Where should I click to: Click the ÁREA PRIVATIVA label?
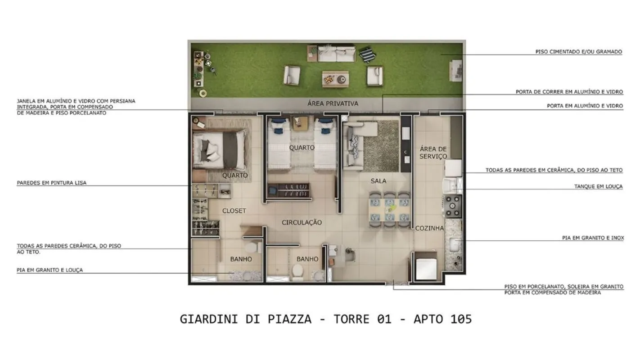(333, 103)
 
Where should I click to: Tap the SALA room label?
(379, 181)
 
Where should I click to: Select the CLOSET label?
(234, 211)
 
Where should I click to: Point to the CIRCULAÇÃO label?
(302, 222)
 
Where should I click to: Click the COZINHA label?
(429, 228)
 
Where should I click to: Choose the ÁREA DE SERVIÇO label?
(433, 153)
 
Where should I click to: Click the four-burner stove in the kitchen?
(452, 206)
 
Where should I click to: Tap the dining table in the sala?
(390, 210)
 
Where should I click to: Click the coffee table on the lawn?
(335, 79)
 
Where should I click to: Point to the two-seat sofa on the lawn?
(337, 54)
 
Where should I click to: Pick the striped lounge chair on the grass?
(368, 54)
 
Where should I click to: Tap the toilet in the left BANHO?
(252, 247)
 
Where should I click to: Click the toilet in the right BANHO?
(297, 271)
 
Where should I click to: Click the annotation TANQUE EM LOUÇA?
(598, 187)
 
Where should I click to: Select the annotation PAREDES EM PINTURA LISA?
(51, 183)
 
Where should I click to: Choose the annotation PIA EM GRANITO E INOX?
(593, 238)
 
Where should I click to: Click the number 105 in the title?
(461, 319)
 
